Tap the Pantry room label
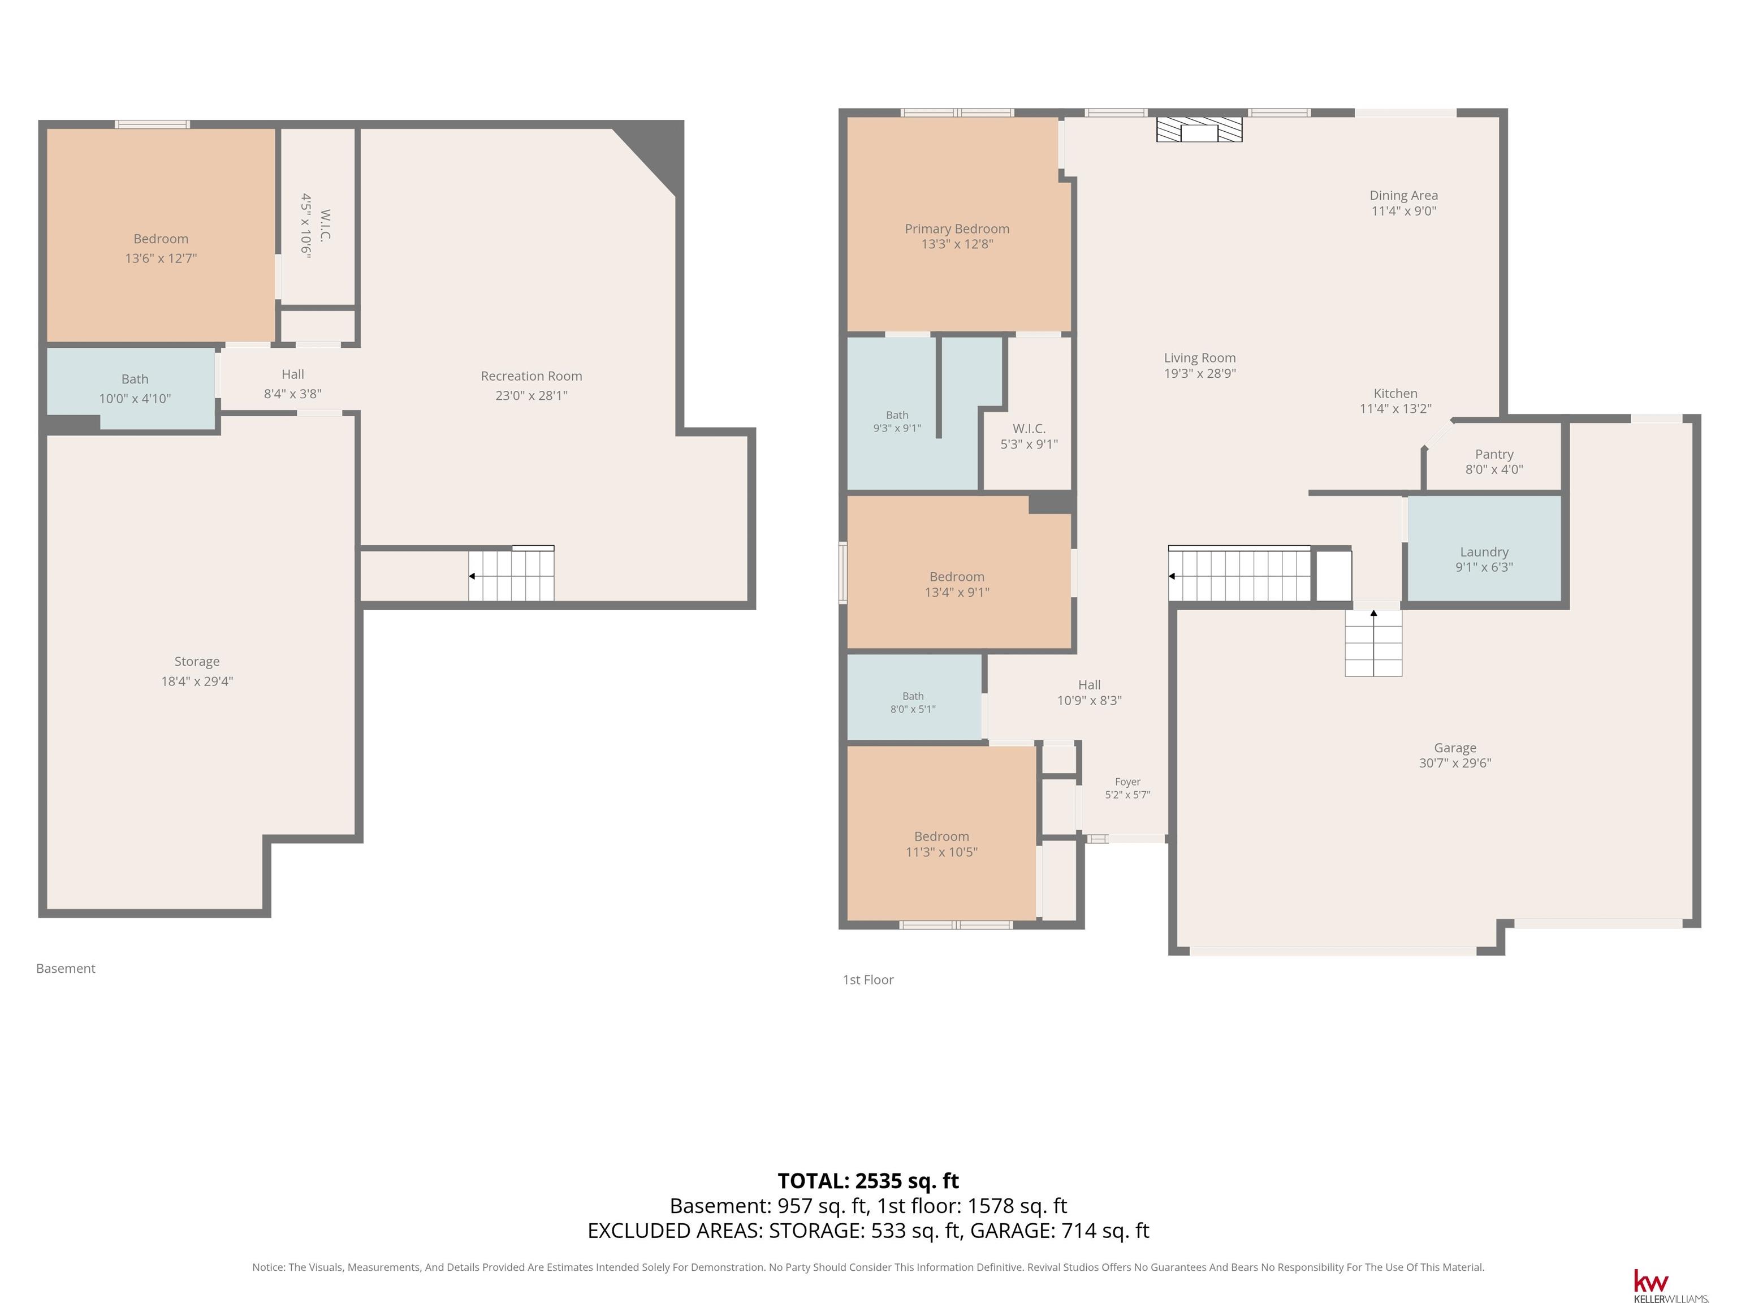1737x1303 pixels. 1493,454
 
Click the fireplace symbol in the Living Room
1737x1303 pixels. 1199,130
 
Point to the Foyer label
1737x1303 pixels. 1127,782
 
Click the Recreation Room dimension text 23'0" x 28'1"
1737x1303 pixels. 531,395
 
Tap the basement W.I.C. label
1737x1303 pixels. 325,226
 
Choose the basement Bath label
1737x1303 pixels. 134,378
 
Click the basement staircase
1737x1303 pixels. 511,574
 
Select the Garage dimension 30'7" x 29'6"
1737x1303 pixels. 1454,763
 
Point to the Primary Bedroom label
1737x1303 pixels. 957,228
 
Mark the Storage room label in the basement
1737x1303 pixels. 196,661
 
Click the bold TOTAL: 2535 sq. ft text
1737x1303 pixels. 868,1180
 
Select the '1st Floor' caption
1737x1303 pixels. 868,980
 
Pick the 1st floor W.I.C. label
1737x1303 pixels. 1029,428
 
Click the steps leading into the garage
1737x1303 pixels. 1373,642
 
